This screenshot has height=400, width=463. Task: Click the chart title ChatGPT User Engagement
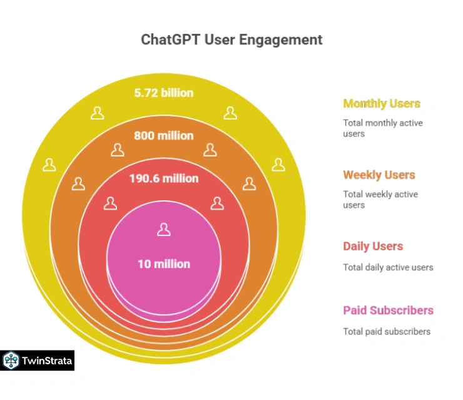pos(232,40)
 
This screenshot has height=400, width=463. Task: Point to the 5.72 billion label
pos(163,93)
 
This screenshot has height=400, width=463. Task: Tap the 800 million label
pos(163,135)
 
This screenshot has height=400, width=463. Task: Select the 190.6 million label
pos(163,178)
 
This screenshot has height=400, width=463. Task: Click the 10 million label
pos(163,264)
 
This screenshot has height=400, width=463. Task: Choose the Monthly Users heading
pos(381,104)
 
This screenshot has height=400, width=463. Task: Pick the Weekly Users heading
pos(379,175)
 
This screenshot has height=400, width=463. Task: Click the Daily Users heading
pos(373,246)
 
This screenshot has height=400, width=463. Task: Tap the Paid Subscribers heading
pos(388,310)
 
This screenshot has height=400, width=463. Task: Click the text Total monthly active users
pos(382,128)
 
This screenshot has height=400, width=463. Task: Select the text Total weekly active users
pos(380,200)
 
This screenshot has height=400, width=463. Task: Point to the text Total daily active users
pos(387,267)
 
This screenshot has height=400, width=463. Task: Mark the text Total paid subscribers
pos(386,331)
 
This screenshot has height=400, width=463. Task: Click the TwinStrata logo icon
pos(11,361)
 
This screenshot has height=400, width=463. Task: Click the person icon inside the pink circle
pos(163,230)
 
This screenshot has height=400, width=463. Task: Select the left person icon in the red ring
pos(110,203)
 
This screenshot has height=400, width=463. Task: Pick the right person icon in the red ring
pos(216,203)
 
